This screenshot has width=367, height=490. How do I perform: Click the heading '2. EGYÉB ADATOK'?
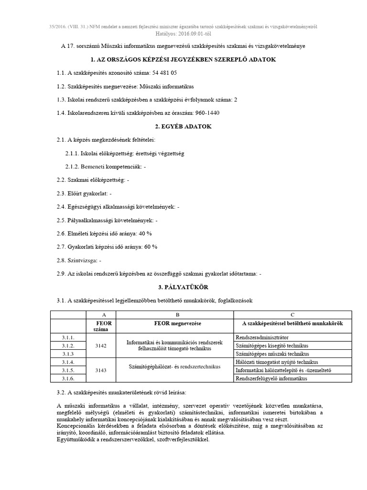click(x=183, y=127)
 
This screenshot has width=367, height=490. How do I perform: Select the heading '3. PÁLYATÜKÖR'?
click(x=183, y=287)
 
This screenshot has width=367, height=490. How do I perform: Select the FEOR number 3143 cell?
click(x=101, y=370)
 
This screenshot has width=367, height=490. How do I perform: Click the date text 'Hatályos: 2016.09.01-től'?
click(x=183, y=34)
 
